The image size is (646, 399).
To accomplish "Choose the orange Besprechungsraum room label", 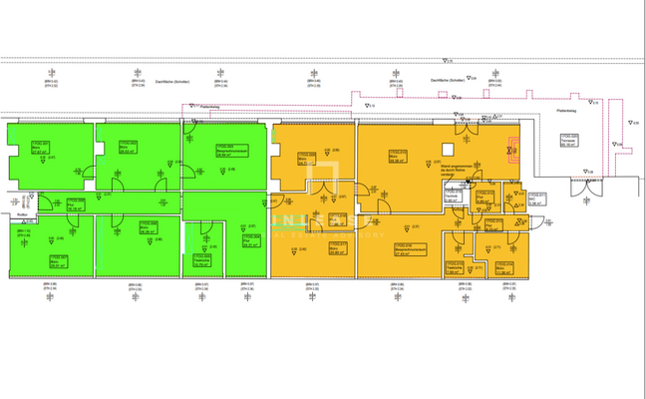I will [x=404, y=248].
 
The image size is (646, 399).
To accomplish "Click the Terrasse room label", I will [x=569, y=141].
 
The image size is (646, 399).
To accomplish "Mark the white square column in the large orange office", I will [x=438, y=161].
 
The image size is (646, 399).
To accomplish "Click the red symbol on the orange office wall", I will [x=512, y=152].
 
